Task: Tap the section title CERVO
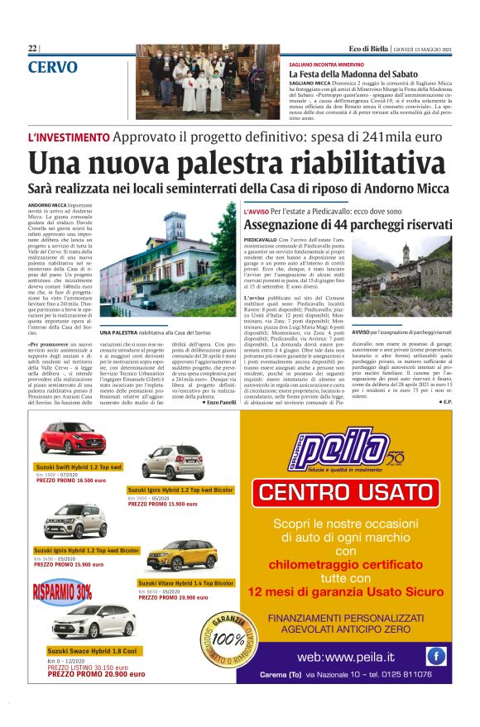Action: tap(53, 67)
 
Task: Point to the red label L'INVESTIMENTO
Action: tap(69, 136)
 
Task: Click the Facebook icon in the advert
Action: tap(435, 656)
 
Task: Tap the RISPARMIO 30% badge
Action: tap(64, 591)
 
